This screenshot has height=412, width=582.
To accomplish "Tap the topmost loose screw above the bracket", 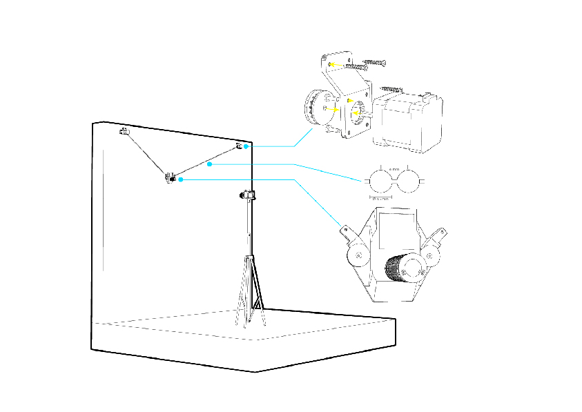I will tap(374, 62).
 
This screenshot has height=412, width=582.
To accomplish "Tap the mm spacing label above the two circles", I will tap(395, 168).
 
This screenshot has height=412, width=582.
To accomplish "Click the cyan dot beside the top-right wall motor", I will tap(246, 146).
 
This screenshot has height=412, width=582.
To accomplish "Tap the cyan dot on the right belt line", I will tap(208, 164).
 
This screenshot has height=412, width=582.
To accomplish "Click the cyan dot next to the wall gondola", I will tap(180, 179).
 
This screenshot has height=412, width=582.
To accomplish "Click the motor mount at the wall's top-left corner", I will tap(124, 131).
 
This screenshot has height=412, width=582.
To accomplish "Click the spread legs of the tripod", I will tap(249, 293).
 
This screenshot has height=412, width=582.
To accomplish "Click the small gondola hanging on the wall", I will tap(169, 177).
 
